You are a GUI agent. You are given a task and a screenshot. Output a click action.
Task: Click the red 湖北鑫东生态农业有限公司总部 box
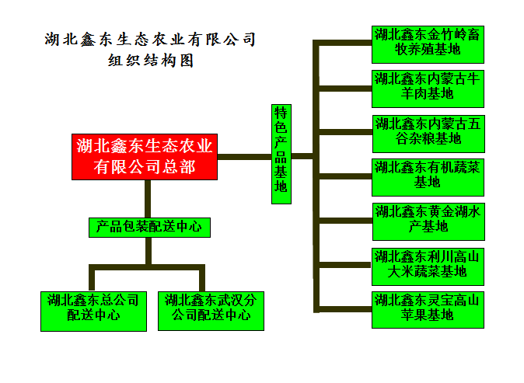(x=144, y=156)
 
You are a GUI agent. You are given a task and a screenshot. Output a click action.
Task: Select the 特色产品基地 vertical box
(x=281, y=154)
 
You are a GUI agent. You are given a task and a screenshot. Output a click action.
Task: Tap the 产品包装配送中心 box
(x=148, y=227)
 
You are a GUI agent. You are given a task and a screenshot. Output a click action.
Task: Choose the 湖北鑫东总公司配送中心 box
(x=93, y=308)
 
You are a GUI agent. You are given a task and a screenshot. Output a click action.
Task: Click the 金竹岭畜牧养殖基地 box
(x=428, y=44)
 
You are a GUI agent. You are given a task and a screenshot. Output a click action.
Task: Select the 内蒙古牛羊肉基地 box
(x=428, y=88)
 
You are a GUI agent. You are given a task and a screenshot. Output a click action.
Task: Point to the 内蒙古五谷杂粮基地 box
(x=428, y=132)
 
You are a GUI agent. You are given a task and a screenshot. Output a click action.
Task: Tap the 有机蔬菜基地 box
(x=428, y=176)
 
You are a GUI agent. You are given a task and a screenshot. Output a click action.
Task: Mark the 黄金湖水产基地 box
(x=428, y=221)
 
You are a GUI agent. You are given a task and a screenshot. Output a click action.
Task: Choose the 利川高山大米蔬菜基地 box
(x=428, y=265)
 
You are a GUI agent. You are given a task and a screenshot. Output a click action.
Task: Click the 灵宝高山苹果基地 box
(x=428, y=308)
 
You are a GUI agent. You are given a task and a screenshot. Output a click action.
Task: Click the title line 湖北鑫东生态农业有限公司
(x=150, y=39)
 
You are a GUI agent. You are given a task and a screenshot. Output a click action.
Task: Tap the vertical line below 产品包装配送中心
(x=148, y=252)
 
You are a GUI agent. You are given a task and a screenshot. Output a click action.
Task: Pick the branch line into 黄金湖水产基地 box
(x=344, y=220)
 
